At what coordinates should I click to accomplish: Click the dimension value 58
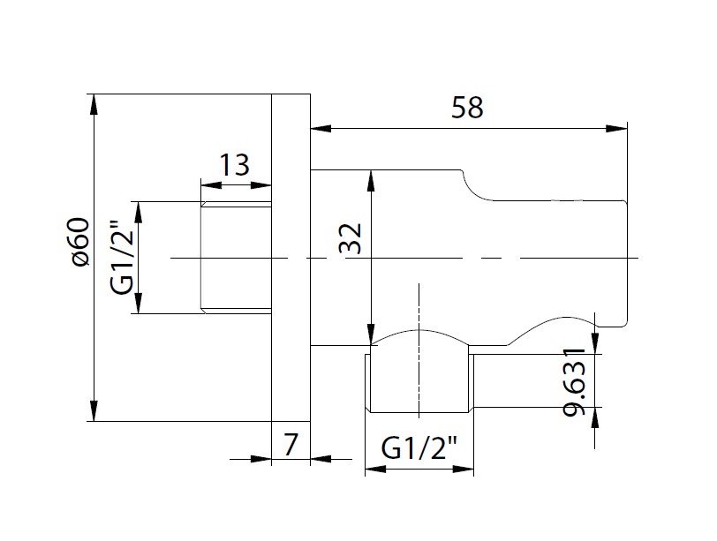pyautogui.click(x=467, y=109)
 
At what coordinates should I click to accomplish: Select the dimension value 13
pyautogui.click(x=234, y=164)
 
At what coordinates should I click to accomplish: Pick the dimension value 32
pyautogui.click(x=352, y=238)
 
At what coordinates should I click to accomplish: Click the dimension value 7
pyautogui.click(x=291, y=444)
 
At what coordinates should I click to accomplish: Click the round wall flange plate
pyautogui.click(x=291, y=256)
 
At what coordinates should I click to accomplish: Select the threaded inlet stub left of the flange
pyautogui.click(x=235, y=256)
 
